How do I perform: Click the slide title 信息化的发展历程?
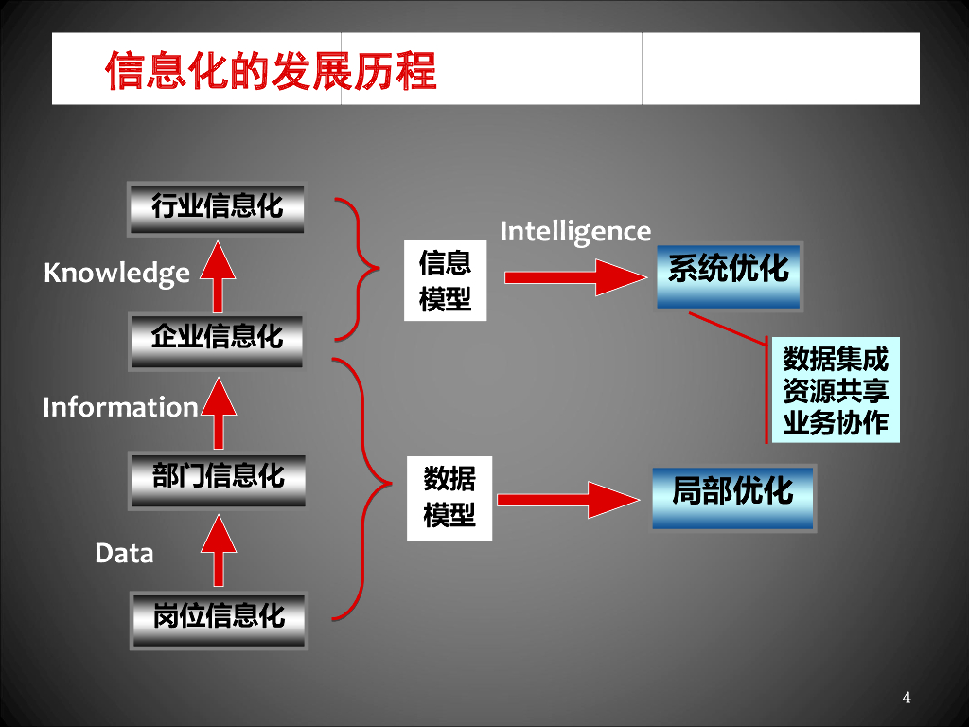[271, 70]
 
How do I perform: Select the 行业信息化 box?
[218, 208]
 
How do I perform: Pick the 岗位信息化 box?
[218, 618]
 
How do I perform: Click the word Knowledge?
[116, 274]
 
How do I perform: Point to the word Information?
[120, 407]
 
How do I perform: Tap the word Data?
[124, 553]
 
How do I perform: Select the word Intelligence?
[575, 231]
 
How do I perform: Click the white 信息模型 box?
[445, 281]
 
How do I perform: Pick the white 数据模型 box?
[449, 498]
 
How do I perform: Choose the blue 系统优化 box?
[729, 274]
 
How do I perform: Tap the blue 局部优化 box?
[732, 496]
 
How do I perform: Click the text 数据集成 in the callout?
[836, 360]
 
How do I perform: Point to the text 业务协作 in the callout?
[836, 422]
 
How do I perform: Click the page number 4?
[907, 699]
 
